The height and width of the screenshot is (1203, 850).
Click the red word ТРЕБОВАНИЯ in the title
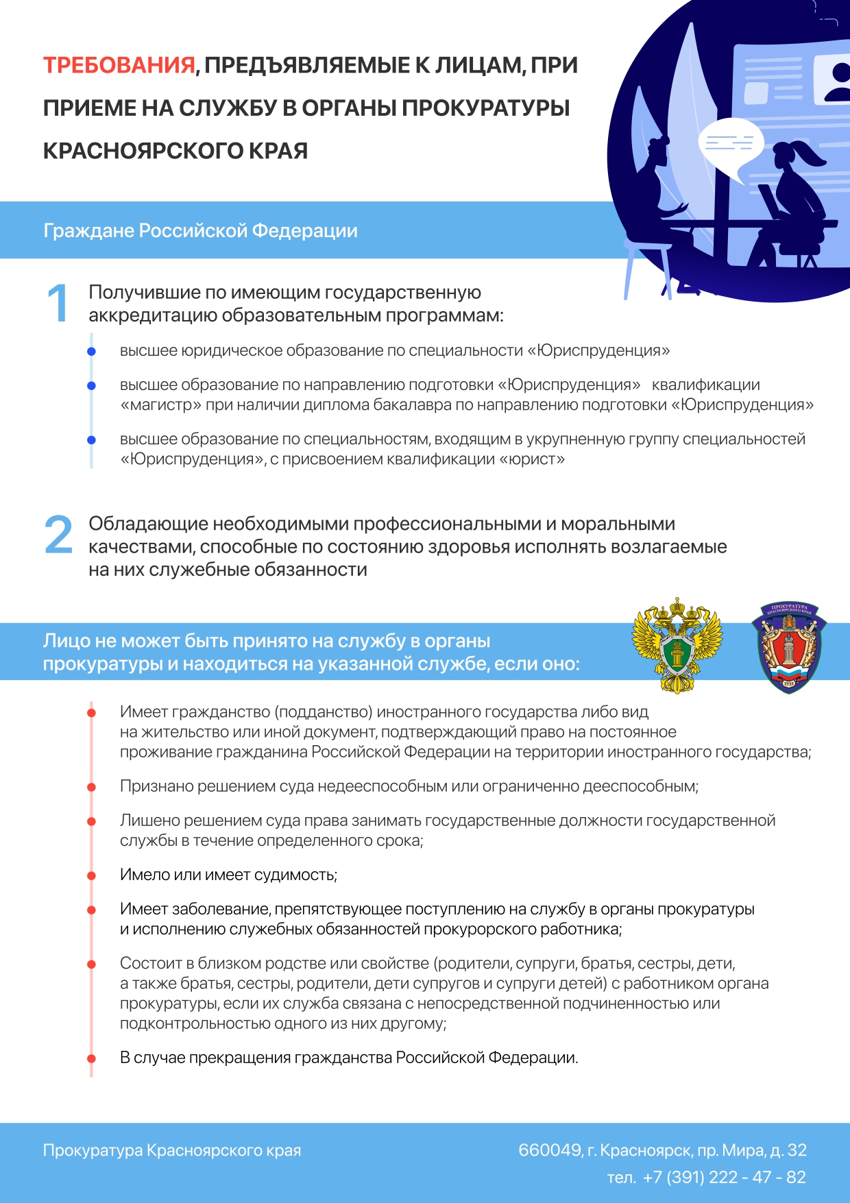click(119, 65)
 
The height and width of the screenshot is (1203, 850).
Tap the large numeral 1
click(58, 303)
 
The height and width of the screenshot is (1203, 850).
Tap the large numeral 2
click(58, 535)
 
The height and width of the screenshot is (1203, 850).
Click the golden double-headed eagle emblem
click(677, 645)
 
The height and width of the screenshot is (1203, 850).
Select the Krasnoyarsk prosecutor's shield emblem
click(789, 648)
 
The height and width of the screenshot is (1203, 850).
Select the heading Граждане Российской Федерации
click(200, 230)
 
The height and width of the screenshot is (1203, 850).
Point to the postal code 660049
click(549, 1150)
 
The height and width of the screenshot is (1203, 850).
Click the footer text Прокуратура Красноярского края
click(172, 1150)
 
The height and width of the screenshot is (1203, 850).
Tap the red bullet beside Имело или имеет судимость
click(91, 875)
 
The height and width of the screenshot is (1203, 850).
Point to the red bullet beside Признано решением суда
click(91, 787)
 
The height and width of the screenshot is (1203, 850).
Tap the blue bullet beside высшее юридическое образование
click(91, 352)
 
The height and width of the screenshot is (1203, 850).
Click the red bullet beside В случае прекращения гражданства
click(91, 1058)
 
